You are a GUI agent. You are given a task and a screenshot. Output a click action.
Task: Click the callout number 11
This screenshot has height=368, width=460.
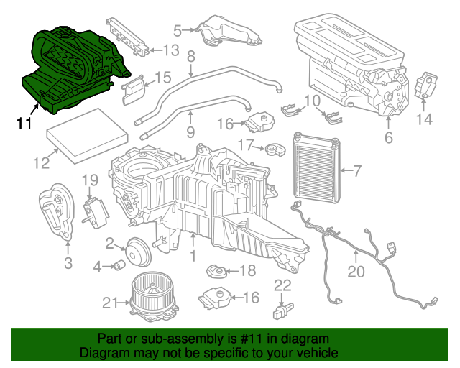(24, 123)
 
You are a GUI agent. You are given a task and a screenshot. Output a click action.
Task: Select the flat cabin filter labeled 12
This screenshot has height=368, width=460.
(88, 141)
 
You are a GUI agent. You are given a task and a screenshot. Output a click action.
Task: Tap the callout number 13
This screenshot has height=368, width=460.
(170, 50)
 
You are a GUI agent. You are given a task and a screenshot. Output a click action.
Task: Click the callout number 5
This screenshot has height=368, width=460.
(178, 30)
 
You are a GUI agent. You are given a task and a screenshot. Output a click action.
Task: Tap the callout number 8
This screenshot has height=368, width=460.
(191, 57)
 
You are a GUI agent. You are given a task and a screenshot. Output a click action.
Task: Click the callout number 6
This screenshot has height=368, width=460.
(388, 135)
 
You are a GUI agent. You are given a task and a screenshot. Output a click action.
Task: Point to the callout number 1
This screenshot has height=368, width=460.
(193, 255)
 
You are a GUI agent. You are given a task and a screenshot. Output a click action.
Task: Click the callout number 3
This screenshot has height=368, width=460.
(68, 263)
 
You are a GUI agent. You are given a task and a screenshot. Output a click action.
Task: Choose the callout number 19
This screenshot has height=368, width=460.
(89, 180)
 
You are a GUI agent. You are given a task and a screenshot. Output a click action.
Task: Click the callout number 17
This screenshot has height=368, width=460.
(245, 144)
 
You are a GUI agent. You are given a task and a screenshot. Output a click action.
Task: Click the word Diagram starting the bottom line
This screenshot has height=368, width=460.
(103, 353)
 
